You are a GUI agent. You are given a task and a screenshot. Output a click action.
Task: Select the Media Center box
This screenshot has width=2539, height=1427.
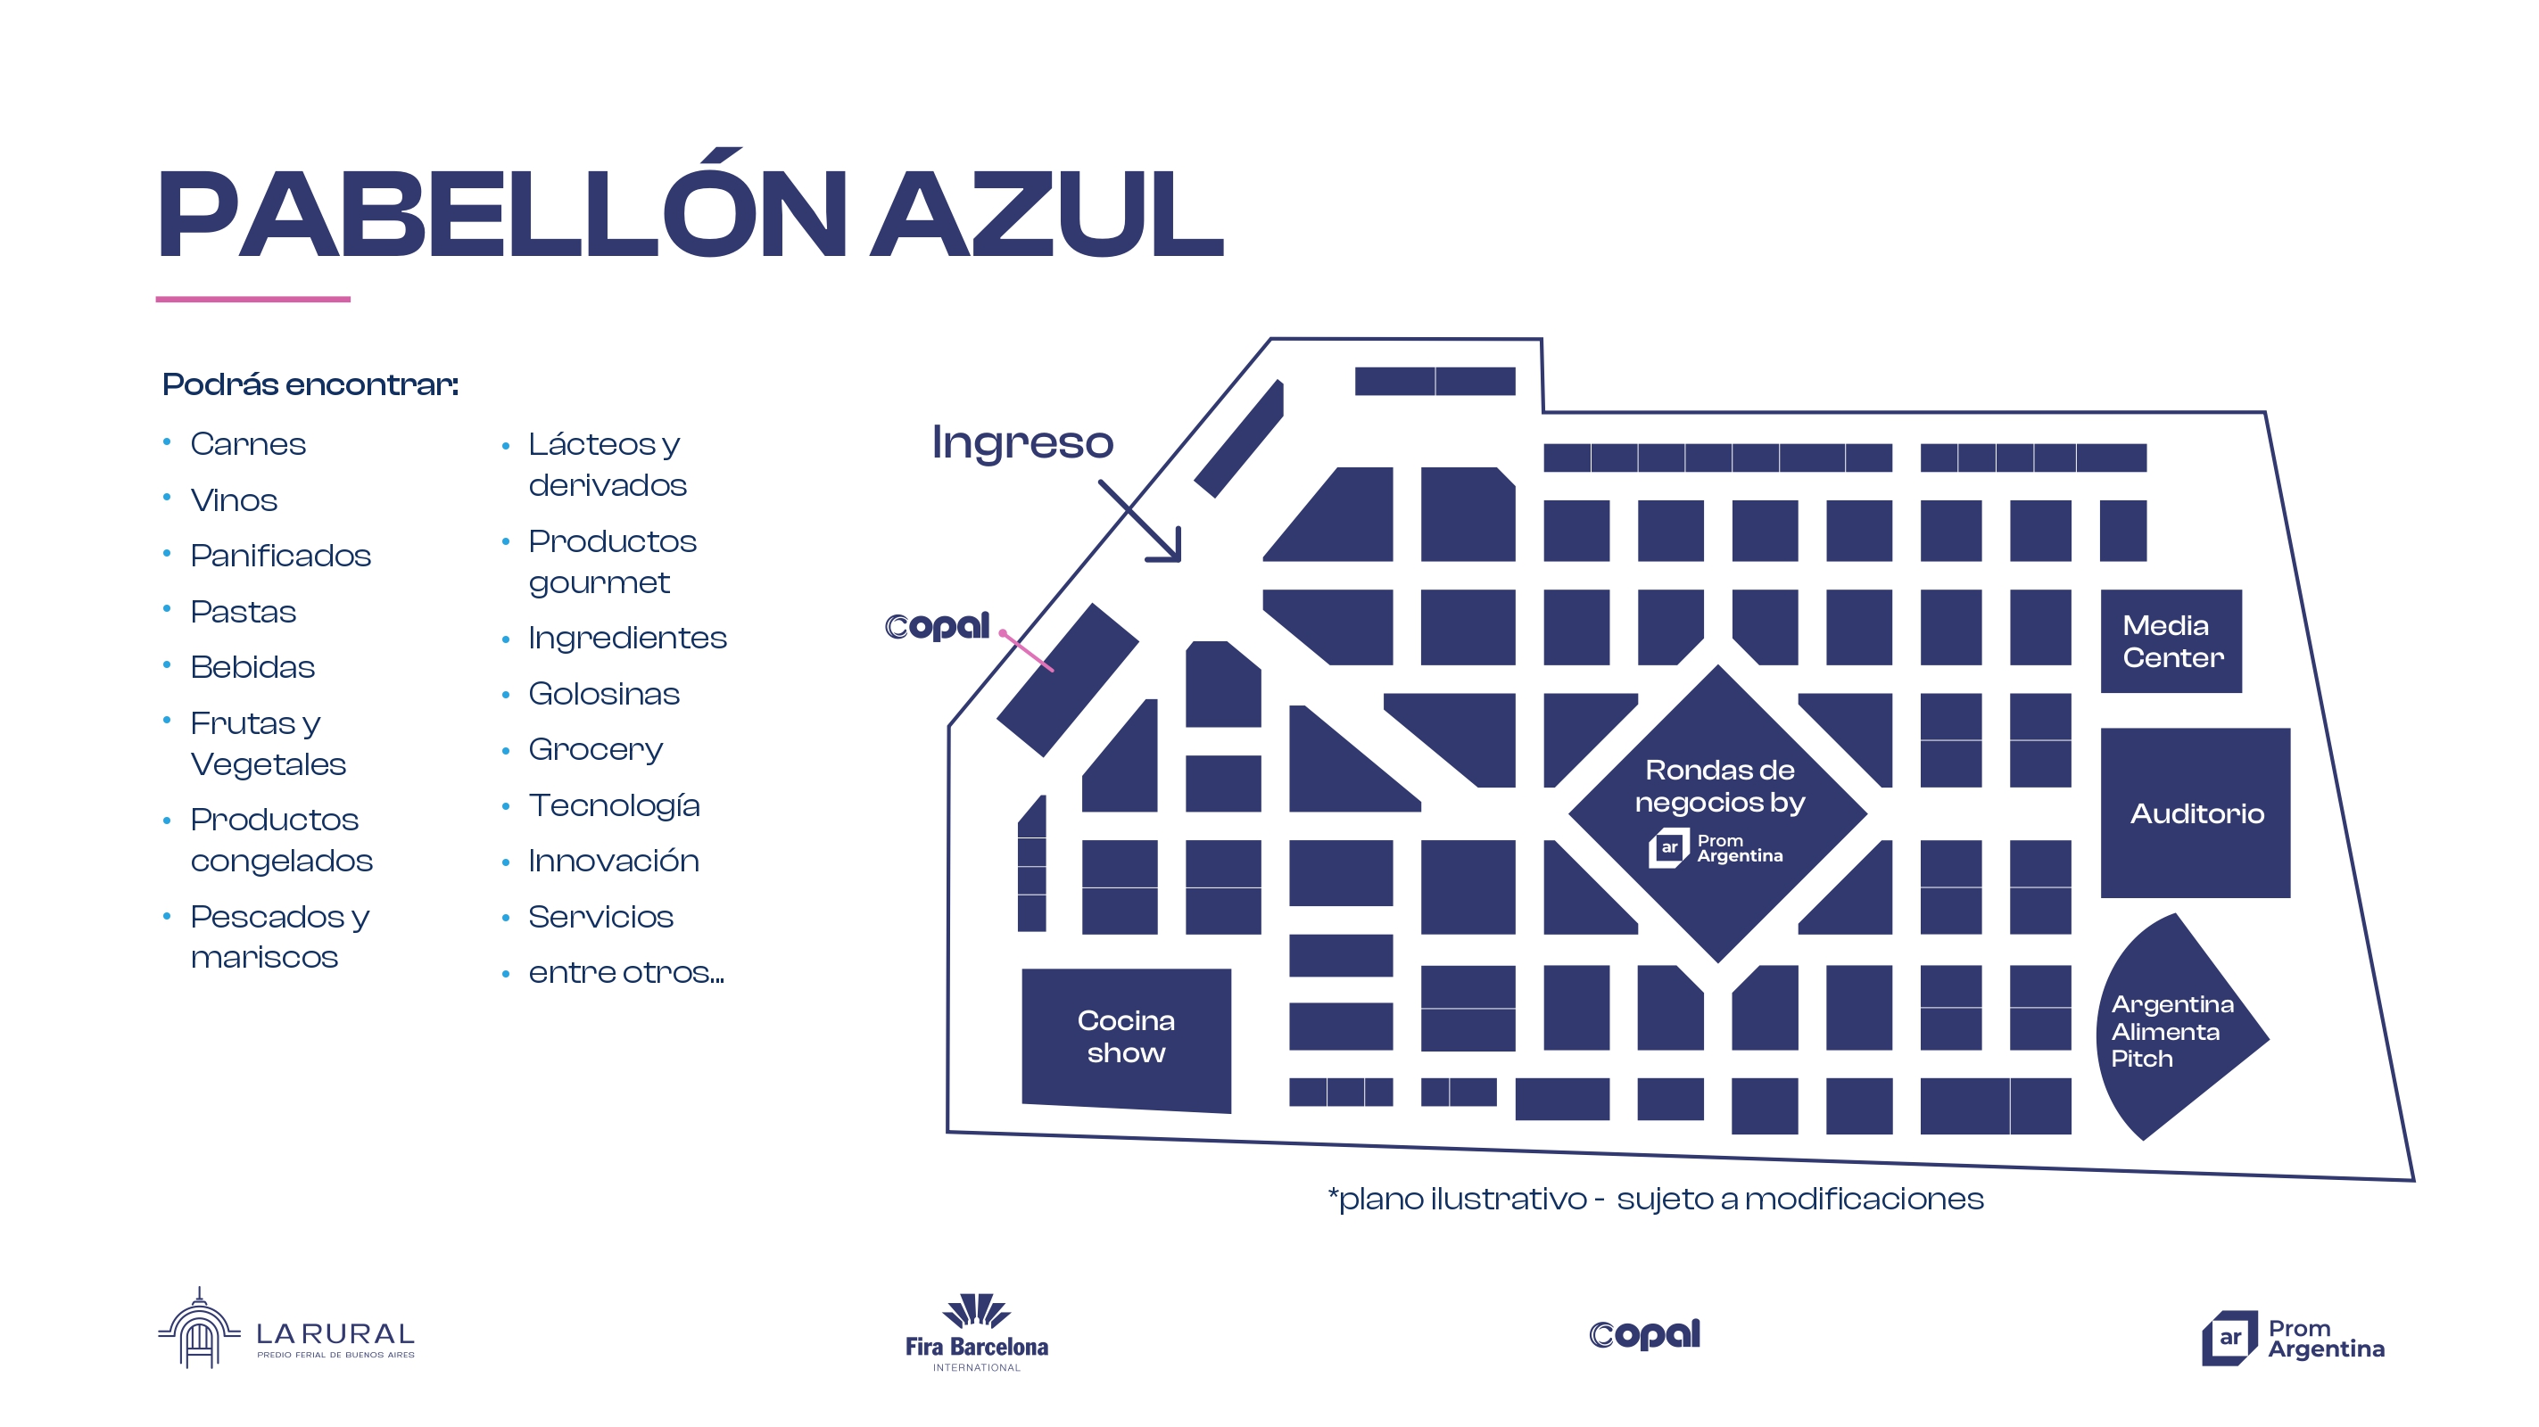tap(2171, 641)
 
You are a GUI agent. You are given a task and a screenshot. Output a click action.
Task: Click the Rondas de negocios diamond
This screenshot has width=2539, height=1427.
tap(1718, 813)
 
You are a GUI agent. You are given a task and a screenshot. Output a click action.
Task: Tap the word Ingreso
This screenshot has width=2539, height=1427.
tap(1022, 442)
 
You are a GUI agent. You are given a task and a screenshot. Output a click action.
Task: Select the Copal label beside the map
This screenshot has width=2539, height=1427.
tap(937, 626)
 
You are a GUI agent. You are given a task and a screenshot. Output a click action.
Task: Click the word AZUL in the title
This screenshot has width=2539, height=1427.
tap(1047, 214)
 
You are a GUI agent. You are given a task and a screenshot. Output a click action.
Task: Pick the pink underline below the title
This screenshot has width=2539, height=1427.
tap(253, 299)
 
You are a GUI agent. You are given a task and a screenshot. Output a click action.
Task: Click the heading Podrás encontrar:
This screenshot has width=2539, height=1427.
tap(310, 384)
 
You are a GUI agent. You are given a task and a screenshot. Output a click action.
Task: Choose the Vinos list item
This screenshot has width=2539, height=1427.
tap(234, 500)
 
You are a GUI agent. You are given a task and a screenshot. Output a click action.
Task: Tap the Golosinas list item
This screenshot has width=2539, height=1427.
tap(603, 694)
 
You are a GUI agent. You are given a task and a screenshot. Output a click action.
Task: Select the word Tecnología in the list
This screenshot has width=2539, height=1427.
tap(614, 805)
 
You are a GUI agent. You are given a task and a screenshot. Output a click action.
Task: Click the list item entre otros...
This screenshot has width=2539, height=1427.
tap(626, 973)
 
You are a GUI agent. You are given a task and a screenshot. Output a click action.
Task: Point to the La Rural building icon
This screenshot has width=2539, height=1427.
tap(199, 1330)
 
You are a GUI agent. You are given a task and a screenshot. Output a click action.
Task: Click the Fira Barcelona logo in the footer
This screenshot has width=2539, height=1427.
tap(977, 1332)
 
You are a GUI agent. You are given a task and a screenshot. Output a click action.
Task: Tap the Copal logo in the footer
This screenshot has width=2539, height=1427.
tap(1644, 1334)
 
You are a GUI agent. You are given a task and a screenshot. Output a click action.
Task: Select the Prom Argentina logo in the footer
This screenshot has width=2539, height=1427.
tap(2293, 1339)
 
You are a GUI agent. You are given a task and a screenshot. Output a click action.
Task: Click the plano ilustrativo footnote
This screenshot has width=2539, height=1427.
tap(1655, 1200)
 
